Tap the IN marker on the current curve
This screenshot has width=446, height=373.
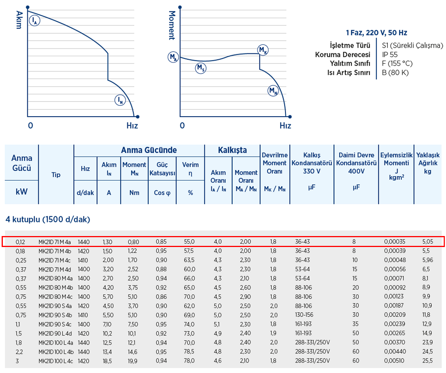click(x=119, y=100)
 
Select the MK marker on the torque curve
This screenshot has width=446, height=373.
click(x=263, y=50)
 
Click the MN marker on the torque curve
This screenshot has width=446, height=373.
click(x=272, y=91)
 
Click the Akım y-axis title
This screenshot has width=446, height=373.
click(x=18, y=20)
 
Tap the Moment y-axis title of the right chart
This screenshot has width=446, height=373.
click(x=171, y=25)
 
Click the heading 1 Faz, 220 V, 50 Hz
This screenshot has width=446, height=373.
click(x=376, y=33)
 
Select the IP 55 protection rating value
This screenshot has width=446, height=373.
click(x=390, y=55)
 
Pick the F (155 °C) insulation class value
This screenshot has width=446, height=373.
click(x=397, y=64)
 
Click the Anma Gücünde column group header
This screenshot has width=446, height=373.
click(x=149, y=150)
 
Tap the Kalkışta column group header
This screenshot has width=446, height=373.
click(x=232, y=150)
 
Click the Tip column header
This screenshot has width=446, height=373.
click(x=56, y=174)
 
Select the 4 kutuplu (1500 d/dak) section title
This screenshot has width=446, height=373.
click(x=48, y=220)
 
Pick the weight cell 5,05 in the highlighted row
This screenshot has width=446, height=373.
click(x=428, y=242)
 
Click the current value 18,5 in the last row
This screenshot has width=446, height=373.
click(x=107, y=361)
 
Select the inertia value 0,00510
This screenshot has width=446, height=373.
click(x=394, y=361)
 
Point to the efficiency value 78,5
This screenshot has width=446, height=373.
click(x=190, y=351)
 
